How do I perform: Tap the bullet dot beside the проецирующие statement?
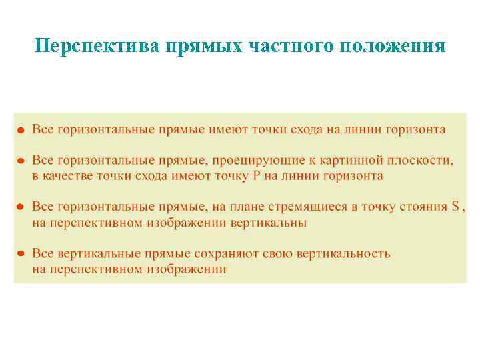point(21,161)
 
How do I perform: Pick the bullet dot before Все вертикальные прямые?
point(21,255)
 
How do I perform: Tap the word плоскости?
point(417,161)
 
